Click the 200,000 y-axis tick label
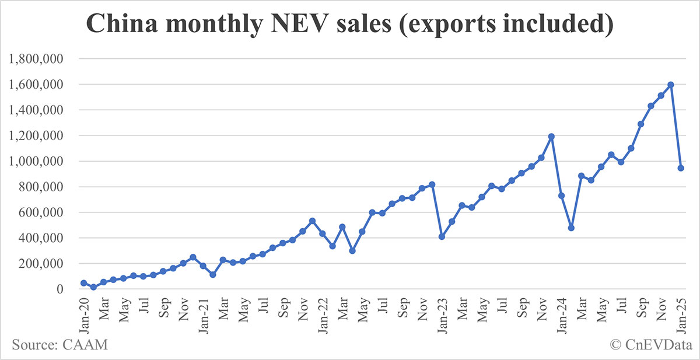[x=43, y=264]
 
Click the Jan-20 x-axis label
[x=83, y=315]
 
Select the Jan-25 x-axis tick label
[x=681, y=315]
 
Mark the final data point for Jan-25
[x=681, y=168]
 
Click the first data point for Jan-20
[x=83, y=283]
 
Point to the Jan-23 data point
[x=442, y=237]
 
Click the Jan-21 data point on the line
[x=203, y=266]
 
